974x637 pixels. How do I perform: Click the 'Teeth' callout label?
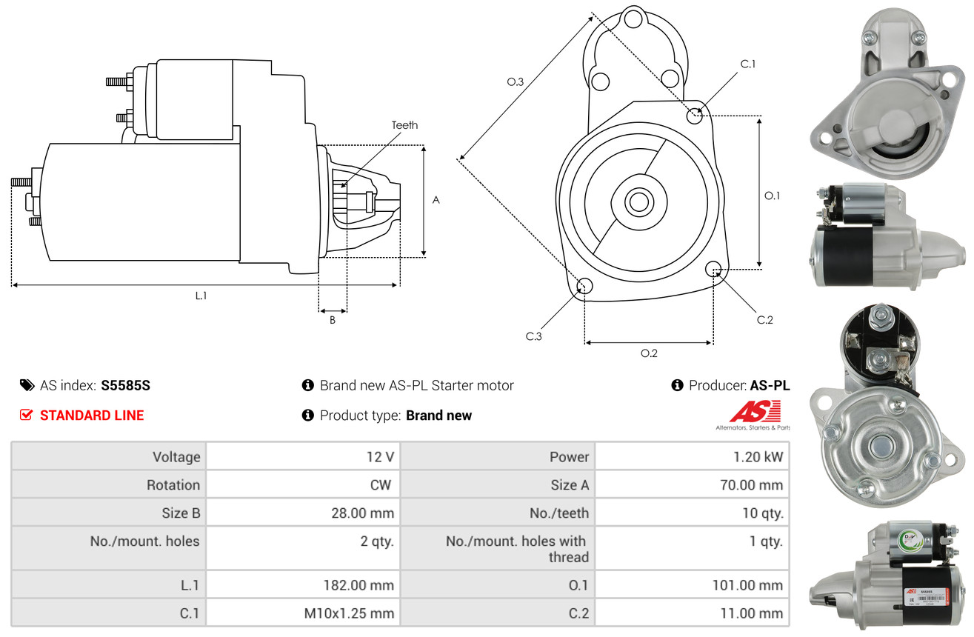[404, 125]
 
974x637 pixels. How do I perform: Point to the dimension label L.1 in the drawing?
[201, 296]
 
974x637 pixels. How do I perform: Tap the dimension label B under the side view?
[332, 321]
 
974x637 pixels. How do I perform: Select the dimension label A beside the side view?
[436, 200]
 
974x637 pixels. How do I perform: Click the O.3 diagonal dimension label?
[516, 82]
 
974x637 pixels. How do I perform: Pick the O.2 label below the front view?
[649, 353]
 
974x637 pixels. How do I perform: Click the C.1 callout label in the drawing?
[748, 64]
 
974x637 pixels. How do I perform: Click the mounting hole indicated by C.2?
[713, 268]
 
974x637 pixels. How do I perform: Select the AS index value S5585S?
[126, 385]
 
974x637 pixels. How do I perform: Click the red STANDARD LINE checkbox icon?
[26, 416]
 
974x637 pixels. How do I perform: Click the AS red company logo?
[755, 413]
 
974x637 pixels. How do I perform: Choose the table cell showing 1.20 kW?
[692, 457]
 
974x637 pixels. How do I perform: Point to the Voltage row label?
[109, 457]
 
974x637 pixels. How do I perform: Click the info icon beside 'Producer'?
[676, 385]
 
